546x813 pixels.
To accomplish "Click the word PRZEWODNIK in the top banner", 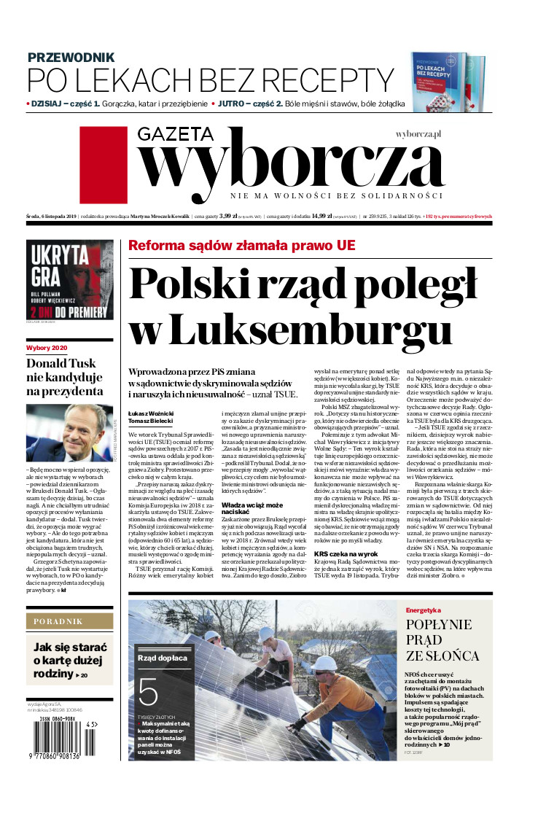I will pos(71,57).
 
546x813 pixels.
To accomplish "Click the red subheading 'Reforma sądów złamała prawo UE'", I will pos(242,245).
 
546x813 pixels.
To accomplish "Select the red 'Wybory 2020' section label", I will pos(47,348).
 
